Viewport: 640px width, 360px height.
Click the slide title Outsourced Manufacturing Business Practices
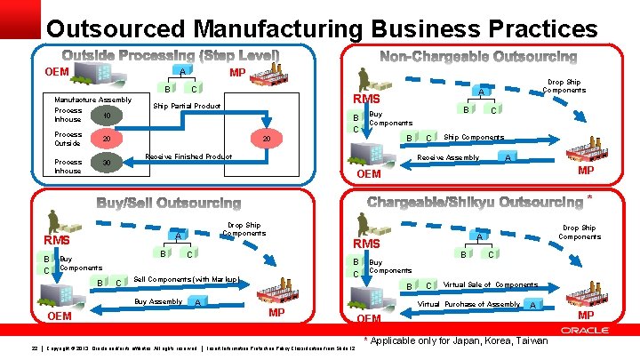[x=321, y=28]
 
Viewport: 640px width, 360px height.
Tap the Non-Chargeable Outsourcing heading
[x=478, y=57]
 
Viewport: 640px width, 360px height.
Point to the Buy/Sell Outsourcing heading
[x=169, y=204]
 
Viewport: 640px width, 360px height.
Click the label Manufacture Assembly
[x=92, y=100]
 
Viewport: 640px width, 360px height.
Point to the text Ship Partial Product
[x=187, y=106]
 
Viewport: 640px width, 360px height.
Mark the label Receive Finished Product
[x=188, y=156]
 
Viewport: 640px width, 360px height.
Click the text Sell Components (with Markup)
[x=186, y=279]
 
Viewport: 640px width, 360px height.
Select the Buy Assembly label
[x=158, y=301]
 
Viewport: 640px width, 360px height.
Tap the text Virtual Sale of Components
[x=490, y=284]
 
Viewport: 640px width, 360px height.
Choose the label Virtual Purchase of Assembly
[x=468, y=304]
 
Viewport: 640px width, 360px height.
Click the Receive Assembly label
[x=448, y=157]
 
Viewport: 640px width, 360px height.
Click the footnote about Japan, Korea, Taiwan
[x=457, y=340]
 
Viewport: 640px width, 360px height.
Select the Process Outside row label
[x=68, y=139]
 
